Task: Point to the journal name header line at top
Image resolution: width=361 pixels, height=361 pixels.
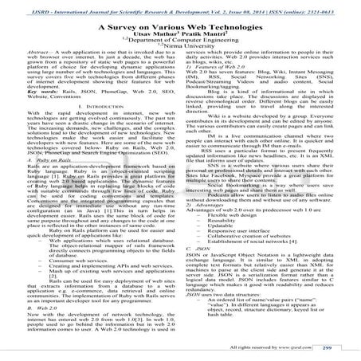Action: click(180, 4)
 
